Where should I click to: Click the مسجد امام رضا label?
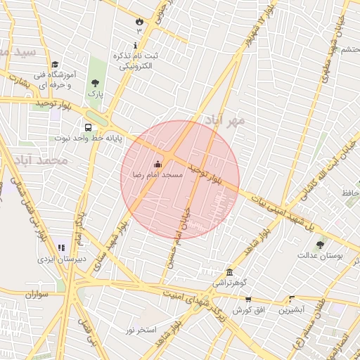point(157,174)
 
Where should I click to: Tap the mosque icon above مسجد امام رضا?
point(157,165)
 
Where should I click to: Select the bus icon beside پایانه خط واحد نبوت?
point(88,127)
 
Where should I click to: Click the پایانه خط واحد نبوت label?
point(89,139)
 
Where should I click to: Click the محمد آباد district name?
point(41,160)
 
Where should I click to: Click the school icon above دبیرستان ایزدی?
point(61,247)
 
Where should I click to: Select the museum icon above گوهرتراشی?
point(229,273)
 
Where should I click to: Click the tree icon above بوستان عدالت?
point(321,245)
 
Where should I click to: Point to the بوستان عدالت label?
point(321,255)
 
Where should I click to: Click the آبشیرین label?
point(291,310)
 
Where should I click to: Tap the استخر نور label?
point(140,330)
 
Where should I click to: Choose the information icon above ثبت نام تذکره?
point(136,45)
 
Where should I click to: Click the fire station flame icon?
point(139,21)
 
